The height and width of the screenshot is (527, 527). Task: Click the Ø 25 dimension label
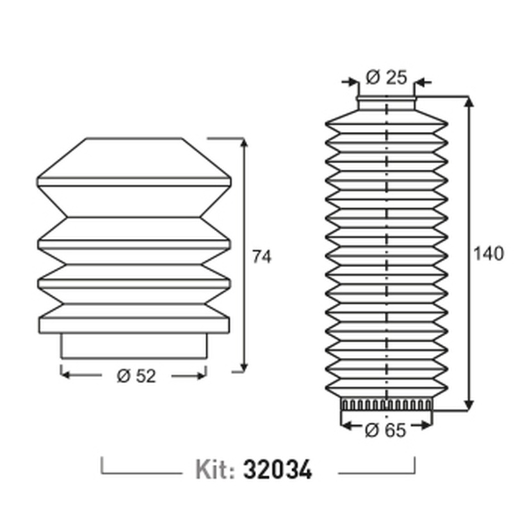click(x=386, y=77)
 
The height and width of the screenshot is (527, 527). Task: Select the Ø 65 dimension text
click(x=385, y=430)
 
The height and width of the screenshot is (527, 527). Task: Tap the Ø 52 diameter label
click(x=136, y=376)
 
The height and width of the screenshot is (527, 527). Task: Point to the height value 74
click(x=261, y=257)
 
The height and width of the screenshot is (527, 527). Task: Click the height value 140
click(x=489, y=254)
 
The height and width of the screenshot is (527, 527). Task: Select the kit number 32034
click(x=278, y=469)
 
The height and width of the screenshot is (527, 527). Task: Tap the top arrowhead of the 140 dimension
click(x=469, y=101)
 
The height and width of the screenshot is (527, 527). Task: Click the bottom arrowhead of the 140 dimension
click(x=469, y=405)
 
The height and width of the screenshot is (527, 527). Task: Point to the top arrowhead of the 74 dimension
click(x=245, y=142)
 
